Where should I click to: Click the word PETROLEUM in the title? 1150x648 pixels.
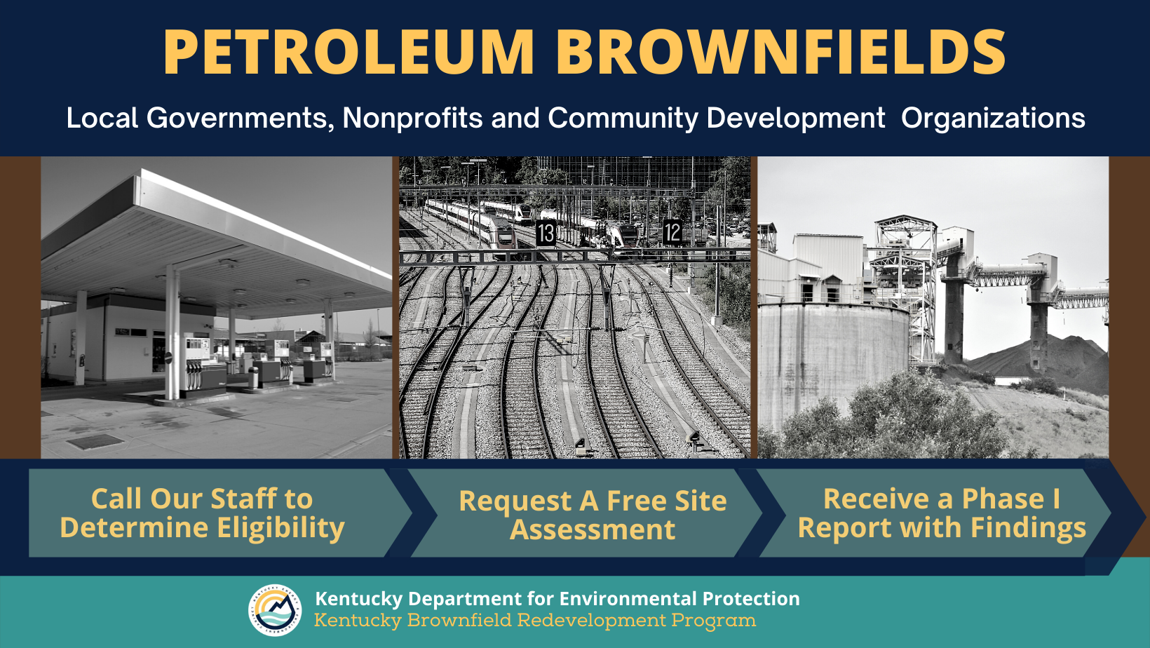pyautogui.click(x=349, y=53)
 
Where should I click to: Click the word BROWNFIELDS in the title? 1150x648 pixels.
pyautogui.click(x=780, y=53)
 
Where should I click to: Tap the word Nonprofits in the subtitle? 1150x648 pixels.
pyautogui.click(x=412, y=118)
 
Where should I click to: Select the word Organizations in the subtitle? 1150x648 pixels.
pyautogui.click(x=993, y=118)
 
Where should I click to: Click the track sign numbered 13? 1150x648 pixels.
pyautogui.click(x=546, y=233)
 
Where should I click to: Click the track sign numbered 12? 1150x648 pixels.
pyautogui.click(x=672, y=232)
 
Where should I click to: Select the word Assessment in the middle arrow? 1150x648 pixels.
pyautogui.click(x=593, y=530)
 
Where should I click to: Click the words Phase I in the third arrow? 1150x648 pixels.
pyautogui.click(x=1010, y=499)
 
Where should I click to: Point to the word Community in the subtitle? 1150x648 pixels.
pyautogui.click(x=623, y=118)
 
